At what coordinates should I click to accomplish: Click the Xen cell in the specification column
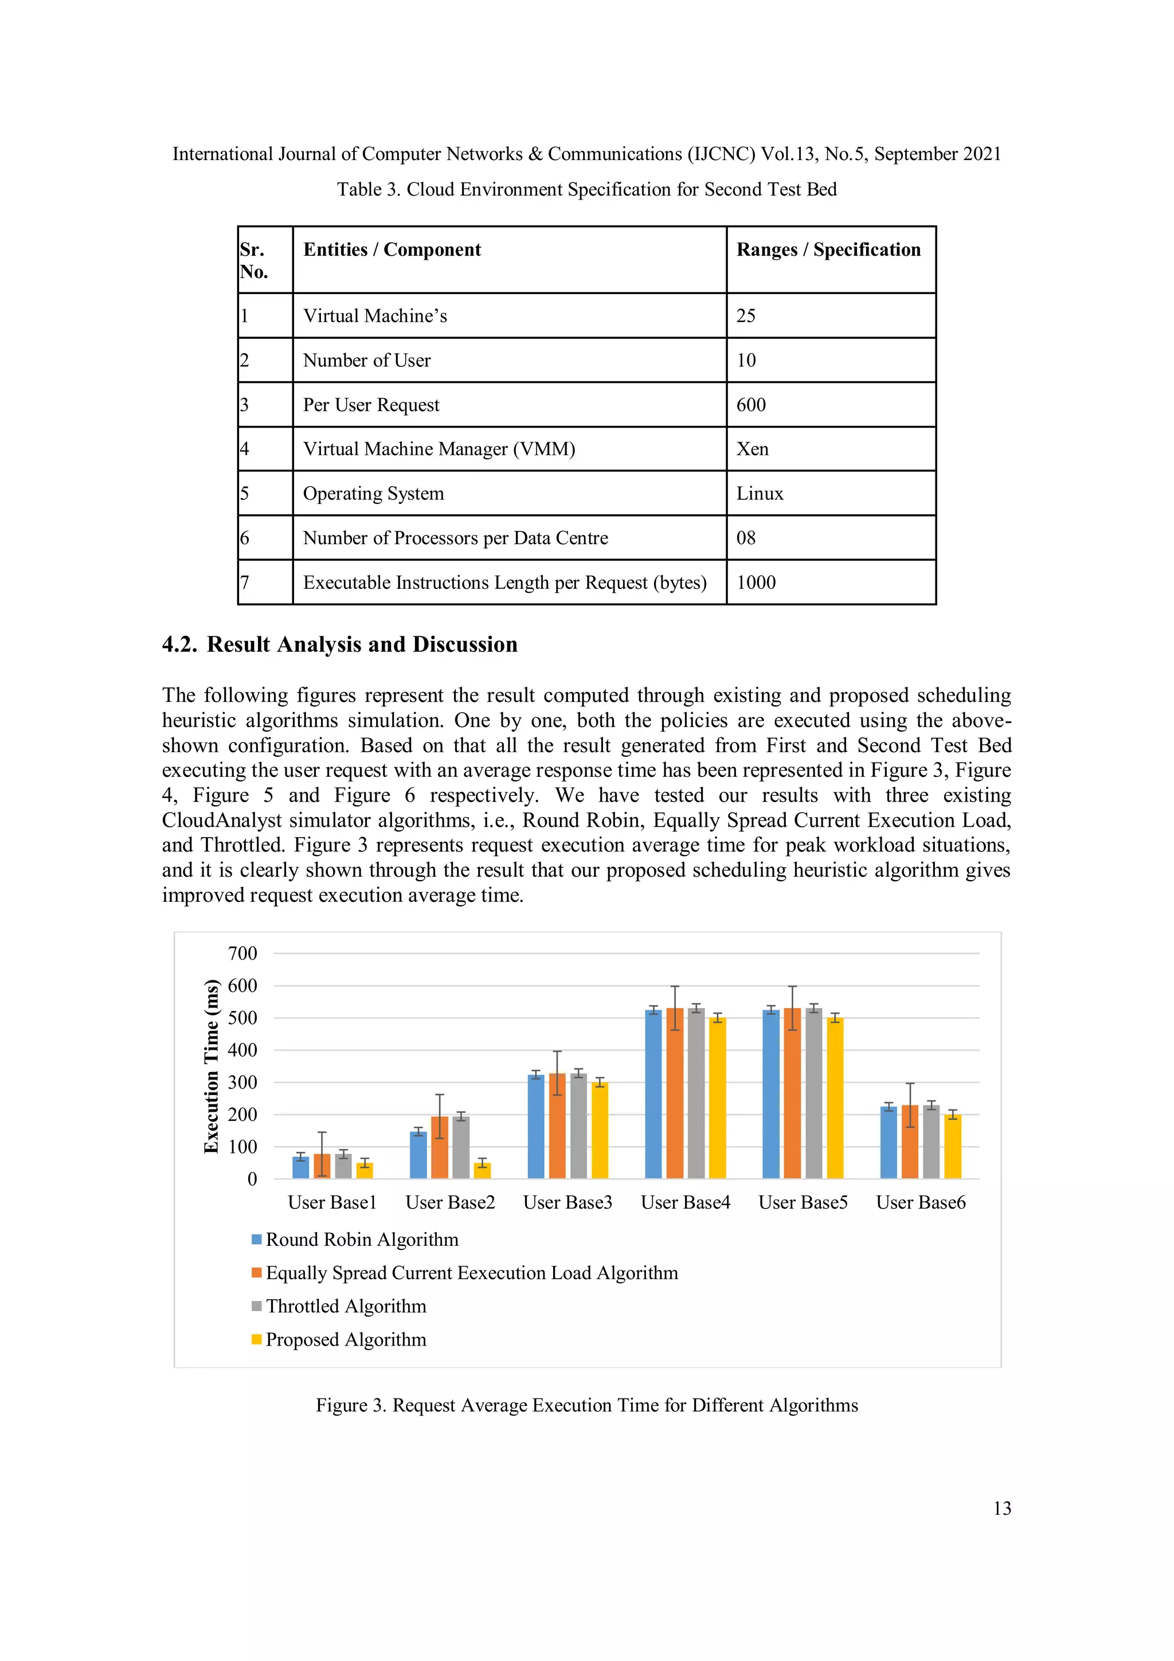[x=752, y=450]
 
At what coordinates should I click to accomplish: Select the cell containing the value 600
[x=751, y=405]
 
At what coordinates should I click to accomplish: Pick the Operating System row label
[x=373, y=494]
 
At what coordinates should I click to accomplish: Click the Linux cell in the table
[x=760, y=494]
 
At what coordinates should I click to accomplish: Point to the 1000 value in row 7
[x=756, y=583]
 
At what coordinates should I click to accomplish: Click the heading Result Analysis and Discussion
[x=362, y=644]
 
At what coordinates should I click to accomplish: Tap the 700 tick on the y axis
[x=242, y=953]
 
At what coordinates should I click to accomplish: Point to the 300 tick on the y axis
[x=242, y=1083]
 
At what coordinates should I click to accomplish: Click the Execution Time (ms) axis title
[x=211, y=1066]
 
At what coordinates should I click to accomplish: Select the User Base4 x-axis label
[x=685, y=1202]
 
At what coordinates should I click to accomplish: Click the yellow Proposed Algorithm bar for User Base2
[x=483, y=1171]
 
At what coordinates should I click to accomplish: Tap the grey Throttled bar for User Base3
[x=578, y=1128]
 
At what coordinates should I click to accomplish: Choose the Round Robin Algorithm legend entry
[x=362, y=1240]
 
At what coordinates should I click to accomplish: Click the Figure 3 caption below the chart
[x=586, y=1406]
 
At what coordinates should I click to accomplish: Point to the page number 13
[x=1002, y=1508]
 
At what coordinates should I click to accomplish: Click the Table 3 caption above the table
[x=586, y=190]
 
